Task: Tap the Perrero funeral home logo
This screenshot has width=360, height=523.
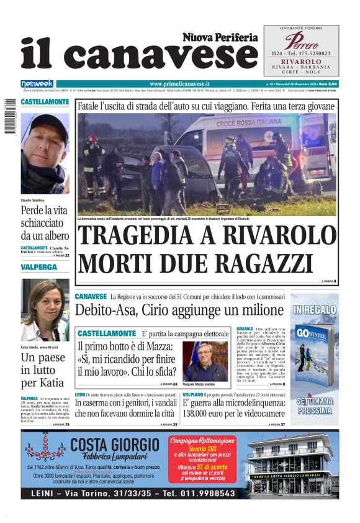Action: click(301, 42)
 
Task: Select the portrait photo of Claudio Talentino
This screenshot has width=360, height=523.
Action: click(45, 153)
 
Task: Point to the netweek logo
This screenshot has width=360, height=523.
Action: click(37, 84)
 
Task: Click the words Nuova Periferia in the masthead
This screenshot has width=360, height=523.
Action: click(220, 37)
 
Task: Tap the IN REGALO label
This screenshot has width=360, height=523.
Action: click(315, 309)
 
